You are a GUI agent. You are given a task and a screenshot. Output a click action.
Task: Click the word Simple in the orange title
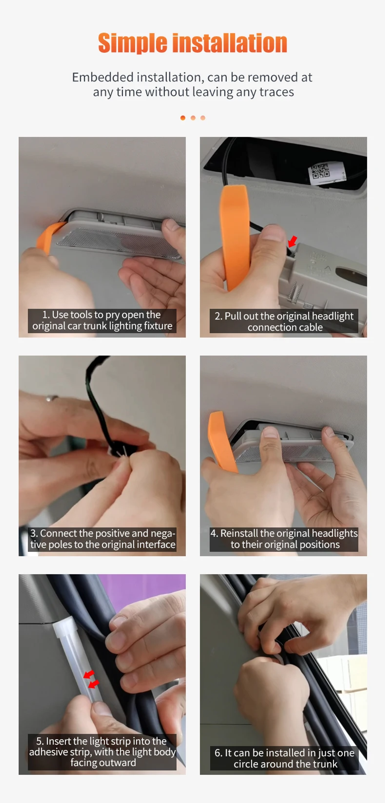click(x=132, y=43)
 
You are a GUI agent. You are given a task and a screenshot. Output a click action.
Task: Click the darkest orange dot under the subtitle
click(x=183, y=118)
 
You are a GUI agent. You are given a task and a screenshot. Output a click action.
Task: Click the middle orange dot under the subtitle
click(x=193, y=118)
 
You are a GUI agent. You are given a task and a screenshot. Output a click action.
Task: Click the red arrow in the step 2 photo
click(x=292, y=241)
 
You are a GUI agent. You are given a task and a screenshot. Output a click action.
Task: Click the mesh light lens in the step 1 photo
click(x=119, y=243)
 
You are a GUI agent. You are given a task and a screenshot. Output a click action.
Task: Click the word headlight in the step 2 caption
click(x=333, y=316)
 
